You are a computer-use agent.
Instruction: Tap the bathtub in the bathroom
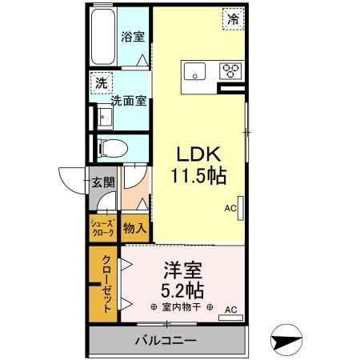(x=102, y=38)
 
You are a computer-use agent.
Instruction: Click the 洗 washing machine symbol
(x=102, y=82)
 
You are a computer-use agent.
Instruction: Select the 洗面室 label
(x=128, y=101)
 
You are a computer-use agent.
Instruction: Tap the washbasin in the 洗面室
(x=105, y=118)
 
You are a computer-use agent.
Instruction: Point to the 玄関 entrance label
(x=101, y=182)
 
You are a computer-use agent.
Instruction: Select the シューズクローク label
(x=102, y=228)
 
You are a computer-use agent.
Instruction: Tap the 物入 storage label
(x=134, y=229)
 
